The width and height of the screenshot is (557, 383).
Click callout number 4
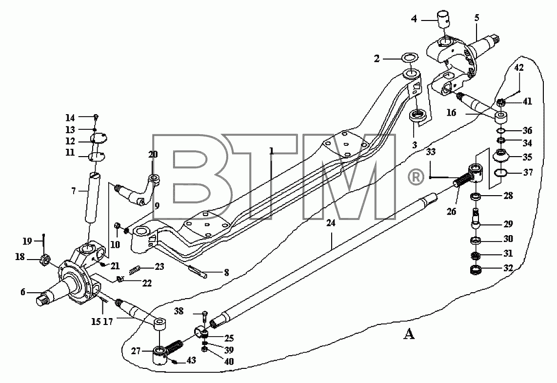pos(414,19)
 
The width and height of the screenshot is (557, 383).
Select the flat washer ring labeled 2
pos(409,58)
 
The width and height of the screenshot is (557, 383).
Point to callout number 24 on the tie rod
pos(331,223)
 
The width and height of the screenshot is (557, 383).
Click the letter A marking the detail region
pos(409,334)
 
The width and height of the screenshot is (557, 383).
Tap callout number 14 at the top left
pos(70,118)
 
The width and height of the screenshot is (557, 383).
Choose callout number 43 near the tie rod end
pos(192,360)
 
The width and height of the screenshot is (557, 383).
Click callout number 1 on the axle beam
pos(271,151)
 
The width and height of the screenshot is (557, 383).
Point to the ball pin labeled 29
pos(475,220)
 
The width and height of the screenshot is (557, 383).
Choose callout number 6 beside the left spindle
pos(23,292)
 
